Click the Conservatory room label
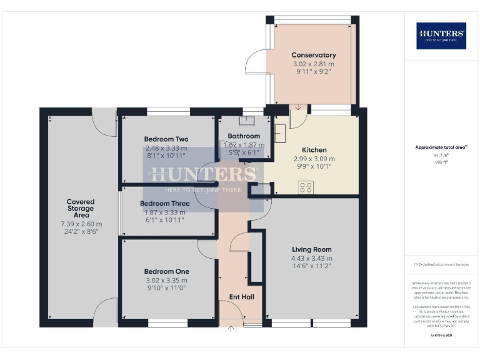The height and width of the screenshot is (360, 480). click(x=313, y=55)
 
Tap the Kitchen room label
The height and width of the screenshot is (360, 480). click(x=314, y=150)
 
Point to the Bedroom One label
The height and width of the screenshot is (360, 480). click(x=166, y=271)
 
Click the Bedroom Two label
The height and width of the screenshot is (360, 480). click(x=166, y=139)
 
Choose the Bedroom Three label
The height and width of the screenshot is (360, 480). click(x=164, y=204)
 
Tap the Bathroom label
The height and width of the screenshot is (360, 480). click(x=244, y=136)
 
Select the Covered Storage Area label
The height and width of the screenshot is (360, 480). click(x=81, y=208)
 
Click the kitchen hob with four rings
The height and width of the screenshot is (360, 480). click(x=305, y=187)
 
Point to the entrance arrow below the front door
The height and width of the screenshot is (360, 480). click(x=231, y=329)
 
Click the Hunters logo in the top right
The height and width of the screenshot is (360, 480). click(x=441, y=36)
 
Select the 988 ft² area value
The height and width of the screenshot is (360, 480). click(x=441, y=161)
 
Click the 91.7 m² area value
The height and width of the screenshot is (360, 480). click(x=441, y=155)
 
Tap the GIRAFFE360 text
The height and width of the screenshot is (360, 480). click(x=441, y=336)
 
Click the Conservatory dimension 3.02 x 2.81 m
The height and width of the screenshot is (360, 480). click(x=313, y=64)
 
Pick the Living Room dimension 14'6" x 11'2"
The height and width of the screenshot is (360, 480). click(x=312, y=266)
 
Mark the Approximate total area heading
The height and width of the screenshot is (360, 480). click(x=441, y=147)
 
